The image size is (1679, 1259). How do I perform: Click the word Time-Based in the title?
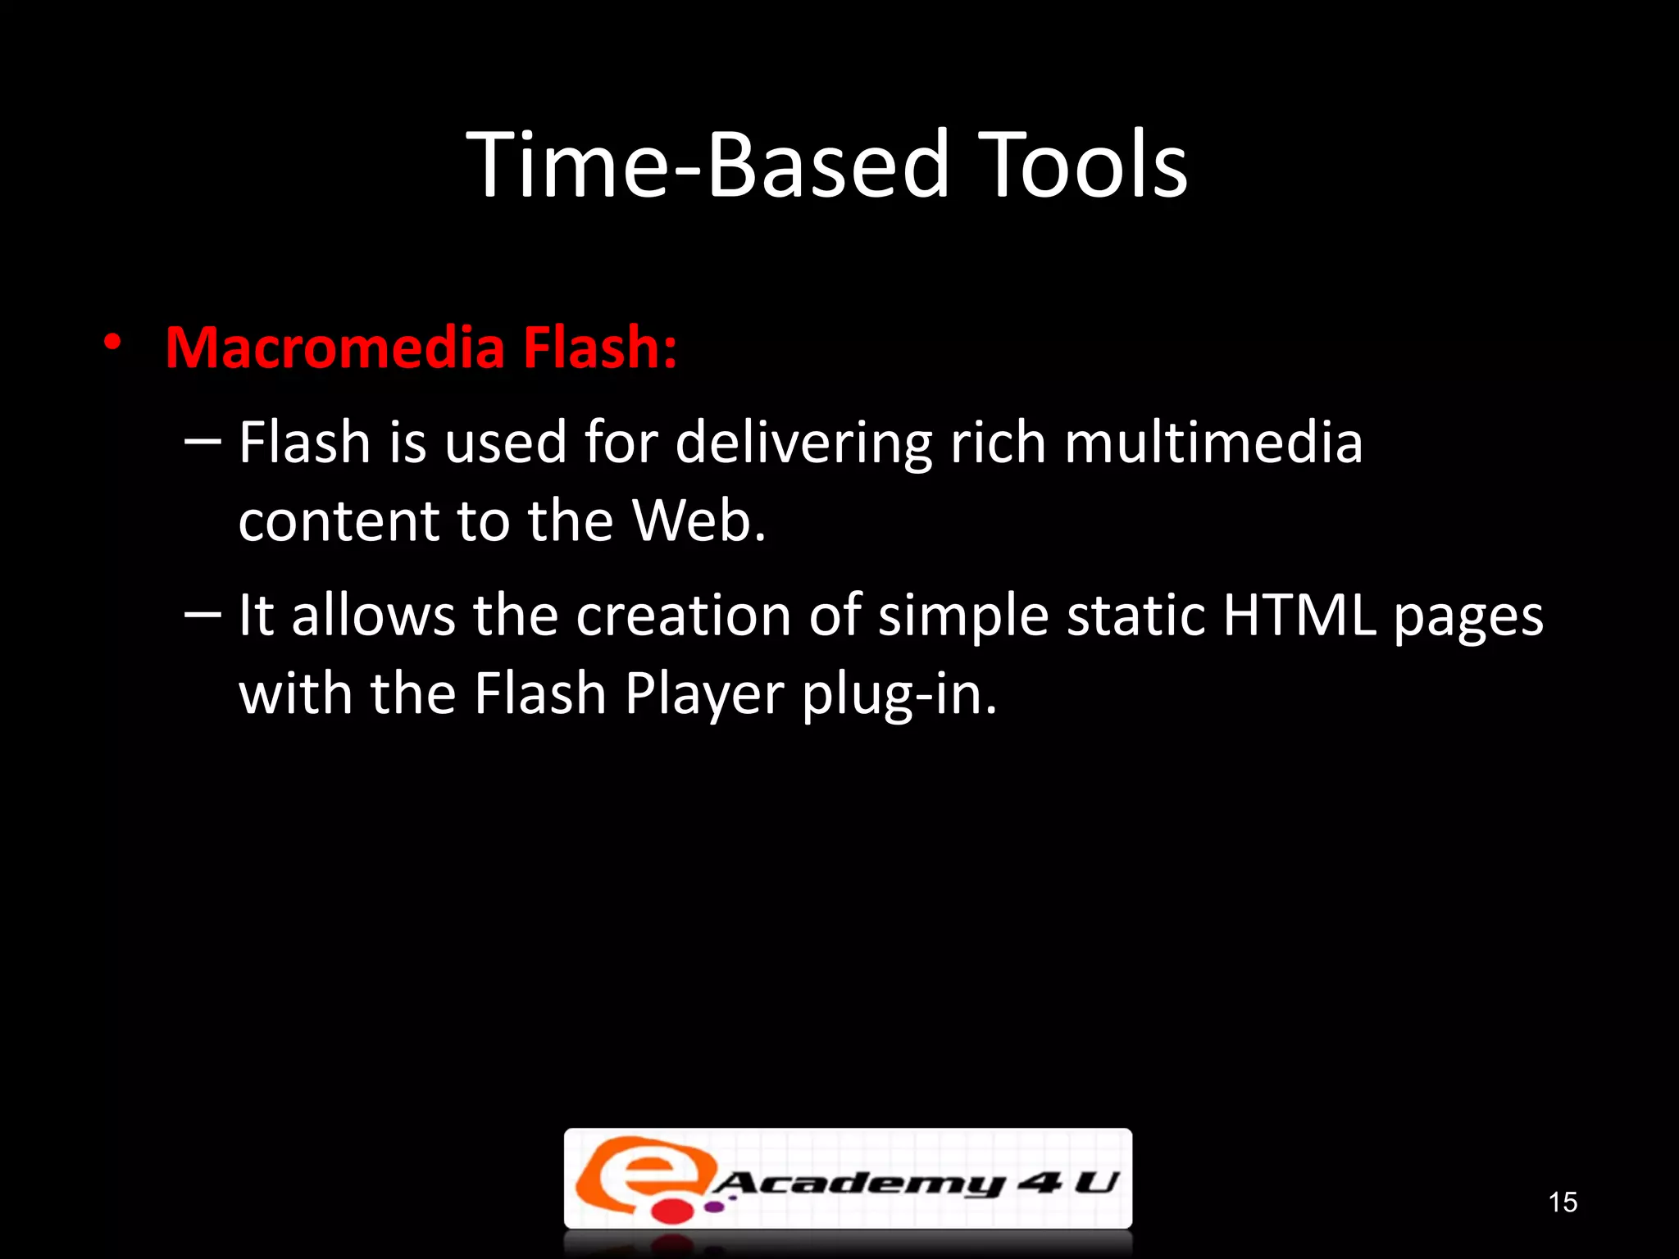pyautogui.click(x=708, y=166)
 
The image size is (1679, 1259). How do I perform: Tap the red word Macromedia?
pyautogui.click(x=334, y=348)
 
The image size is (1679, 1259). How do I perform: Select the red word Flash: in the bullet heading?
pyautogui.click(x=600, y=348)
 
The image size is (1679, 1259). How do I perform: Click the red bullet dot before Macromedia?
pyautogui.click(x=112, y=343)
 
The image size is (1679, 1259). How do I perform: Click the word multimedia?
pyautogui.click(x=1213, y=443)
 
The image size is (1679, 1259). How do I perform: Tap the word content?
pyautogui.click(x=339, y=523)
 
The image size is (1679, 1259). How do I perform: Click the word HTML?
pyautogui.click(x=1299, y=616)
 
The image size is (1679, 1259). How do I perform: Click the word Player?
pyautogui.click(x=704, y=696)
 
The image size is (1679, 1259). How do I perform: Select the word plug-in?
pyautogui.click(x=899, y=696)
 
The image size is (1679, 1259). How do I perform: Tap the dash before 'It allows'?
pyautogui.click(x=202, y=615)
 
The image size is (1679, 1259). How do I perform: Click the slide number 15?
pyautogui.click(x=1563, y=1202)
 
